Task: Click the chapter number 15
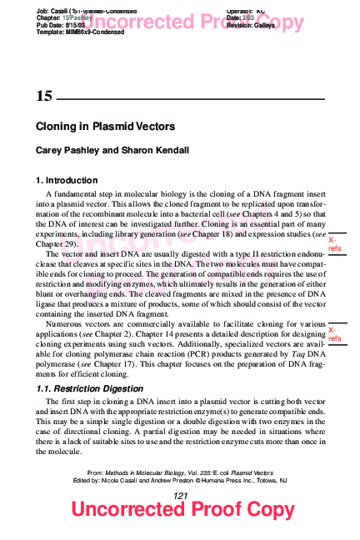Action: tap(44, 97)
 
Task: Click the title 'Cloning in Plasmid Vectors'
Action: tap(105, 127)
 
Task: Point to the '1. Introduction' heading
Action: tap(67, 180)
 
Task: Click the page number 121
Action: tap(180, 496)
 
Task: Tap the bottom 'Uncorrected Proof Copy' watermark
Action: tap(182, 510)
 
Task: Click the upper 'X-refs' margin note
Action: tap(334, 244)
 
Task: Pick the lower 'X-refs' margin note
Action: tap(334, 335)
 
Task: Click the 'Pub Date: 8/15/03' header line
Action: tap(62, 25)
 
